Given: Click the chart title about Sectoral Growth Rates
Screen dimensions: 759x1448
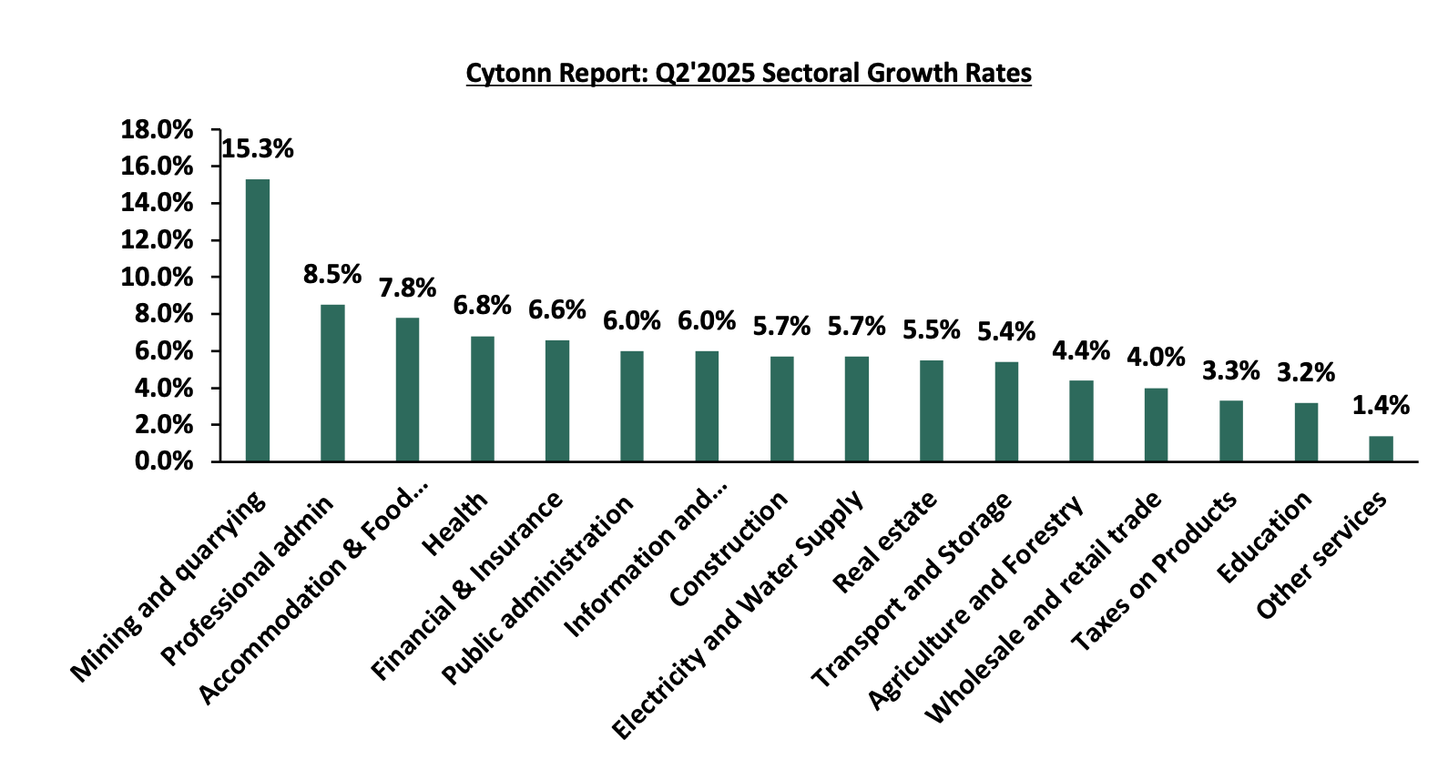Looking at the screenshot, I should pos(748,73).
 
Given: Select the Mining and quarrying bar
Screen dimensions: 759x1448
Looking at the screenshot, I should pos(258,320).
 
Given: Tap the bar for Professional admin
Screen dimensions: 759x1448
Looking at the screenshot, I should pos(332,383).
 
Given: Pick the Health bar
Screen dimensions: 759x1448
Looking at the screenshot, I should pos(483,399).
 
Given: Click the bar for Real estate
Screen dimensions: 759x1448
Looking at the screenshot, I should pos(932,410).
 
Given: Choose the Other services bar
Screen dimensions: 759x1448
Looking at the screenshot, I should pos(1381,449).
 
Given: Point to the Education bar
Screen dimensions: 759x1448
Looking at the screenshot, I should pos(1306,432).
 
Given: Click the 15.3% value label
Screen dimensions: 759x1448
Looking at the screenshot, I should pos(258,149).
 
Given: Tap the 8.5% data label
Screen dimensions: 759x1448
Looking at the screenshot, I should pos(332,274).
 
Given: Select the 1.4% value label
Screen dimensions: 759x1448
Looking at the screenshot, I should pos(1381,405).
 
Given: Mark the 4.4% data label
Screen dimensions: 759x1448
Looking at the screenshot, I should pos(1081,350).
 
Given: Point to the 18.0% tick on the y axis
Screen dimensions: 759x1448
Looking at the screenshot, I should pos(158,130).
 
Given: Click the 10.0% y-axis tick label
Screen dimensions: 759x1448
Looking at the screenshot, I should pos(158,277).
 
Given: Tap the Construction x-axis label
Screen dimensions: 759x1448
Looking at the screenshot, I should pos(729,549).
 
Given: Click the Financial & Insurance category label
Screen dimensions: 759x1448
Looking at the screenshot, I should pos(467,587).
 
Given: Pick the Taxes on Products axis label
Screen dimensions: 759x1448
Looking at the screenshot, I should pos(1154,571).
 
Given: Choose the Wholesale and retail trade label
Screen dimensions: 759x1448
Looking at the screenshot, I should pos(1044,607).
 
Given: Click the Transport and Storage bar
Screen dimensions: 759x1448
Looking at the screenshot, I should pos(1006,411).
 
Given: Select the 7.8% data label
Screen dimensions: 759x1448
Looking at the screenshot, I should pos(408,288).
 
